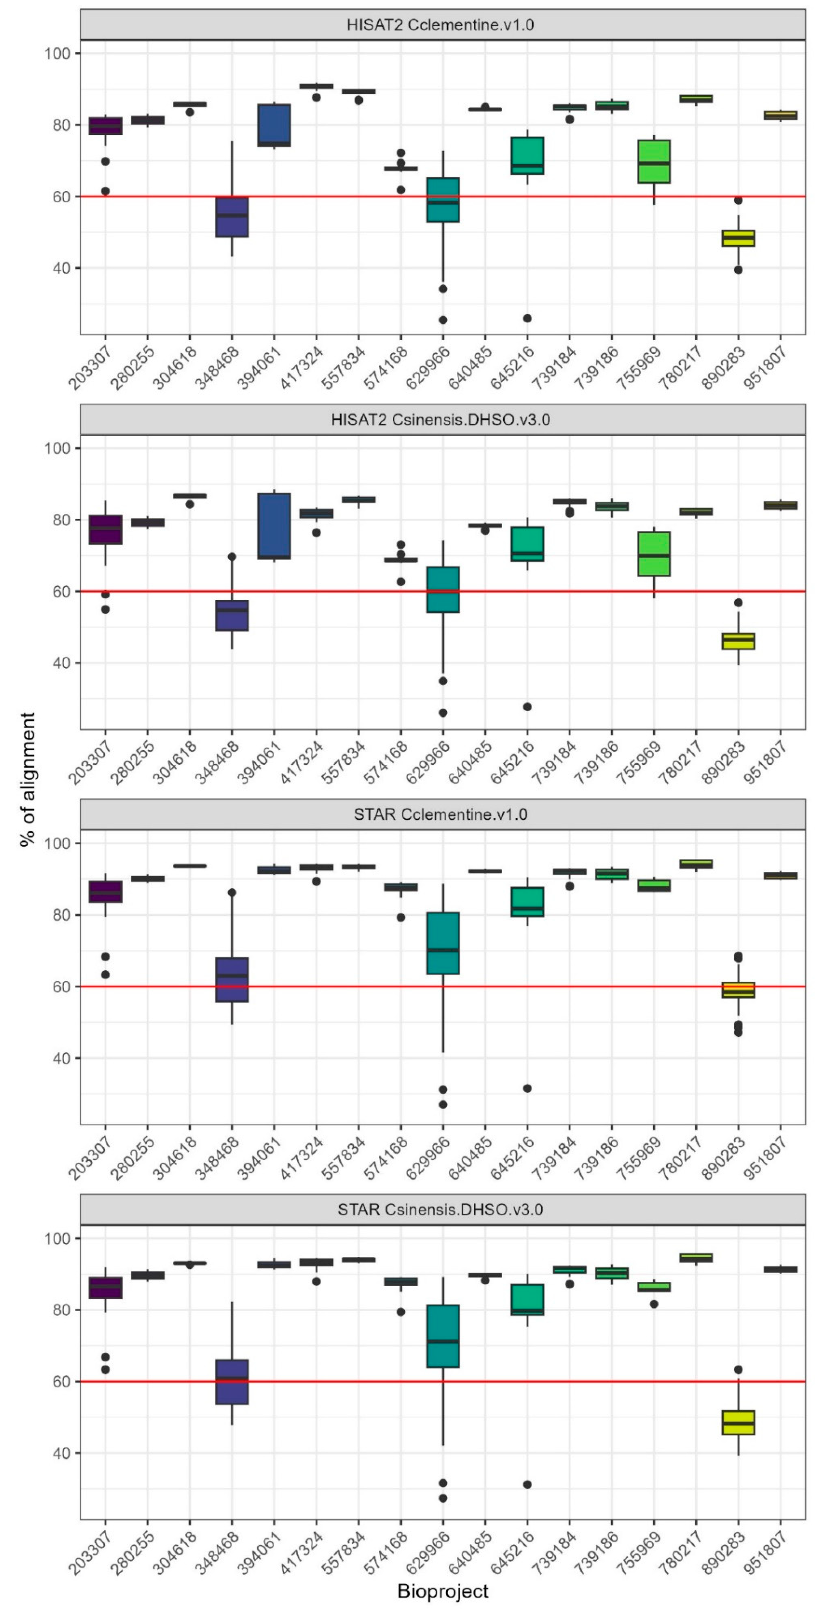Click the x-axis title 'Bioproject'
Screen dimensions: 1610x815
point(442,1591)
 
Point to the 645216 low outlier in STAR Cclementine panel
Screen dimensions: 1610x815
point(527,1088)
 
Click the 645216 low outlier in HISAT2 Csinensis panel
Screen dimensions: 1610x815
point(527,707)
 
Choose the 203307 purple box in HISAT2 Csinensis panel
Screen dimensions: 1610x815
point(106,530)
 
